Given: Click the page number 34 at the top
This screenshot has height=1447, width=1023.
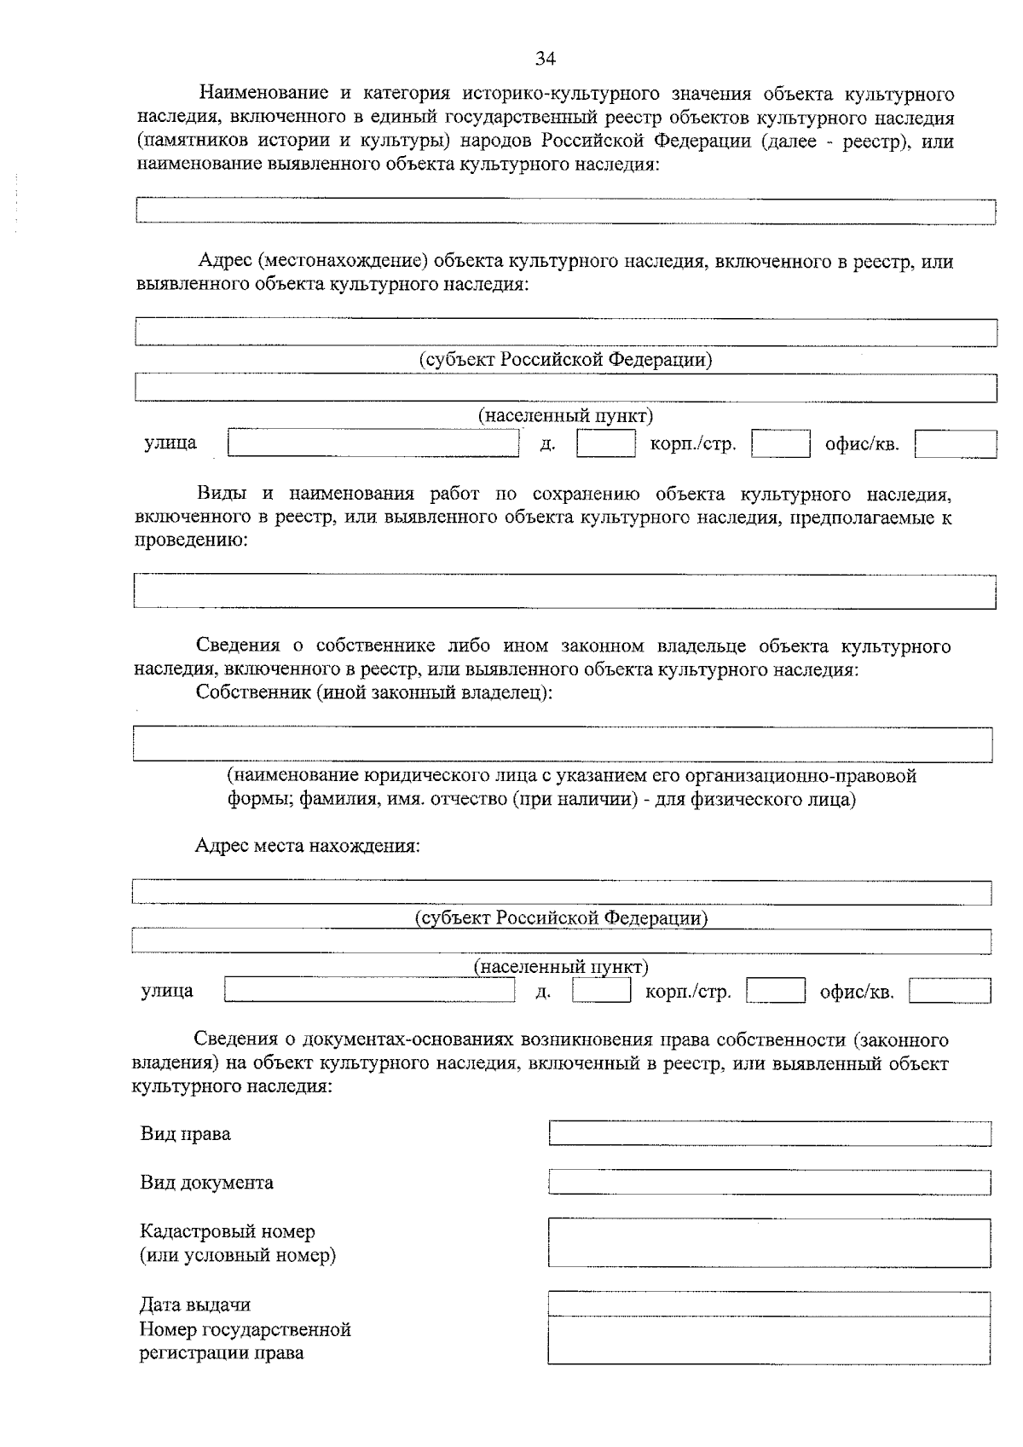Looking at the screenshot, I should click(x=545, y=58).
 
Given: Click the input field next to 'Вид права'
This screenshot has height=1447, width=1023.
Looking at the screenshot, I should click(x=769, y=1133).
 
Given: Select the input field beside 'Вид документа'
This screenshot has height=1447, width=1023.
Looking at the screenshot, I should click(x=769, y=1182).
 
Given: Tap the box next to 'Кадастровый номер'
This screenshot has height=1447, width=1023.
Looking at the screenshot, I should click(x=769, y=1242).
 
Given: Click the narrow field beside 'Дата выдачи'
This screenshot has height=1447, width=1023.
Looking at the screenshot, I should click(x=769, y=1304).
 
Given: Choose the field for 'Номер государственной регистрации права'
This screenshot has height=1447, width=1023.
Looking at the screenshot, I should click(x=769, y=1340).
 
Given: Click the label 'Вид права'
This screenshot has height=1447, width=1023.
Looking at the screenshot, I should click(x=185, y=1134).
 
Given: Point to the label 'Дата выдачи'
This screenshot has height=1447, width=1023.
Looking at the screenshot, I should click(x=195, y=1305).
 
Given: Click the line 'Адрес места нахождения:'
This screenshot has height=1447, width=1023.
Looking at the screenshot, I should click(x=308, y=847).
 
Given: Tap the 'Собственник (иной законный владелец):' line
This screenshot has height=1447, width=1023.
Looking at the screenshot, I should click(x=374, y=692).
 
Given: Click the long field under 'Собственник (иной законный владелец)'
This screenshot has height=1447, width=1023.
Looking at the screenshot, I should click(x=563, y=744).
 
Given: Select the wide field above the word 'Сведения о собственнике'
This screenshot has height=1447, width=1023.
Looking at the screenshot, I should click(x=564, y=591).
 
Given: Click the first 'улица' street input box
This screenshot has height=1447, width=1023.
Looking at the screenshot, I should click(x=373, y=443).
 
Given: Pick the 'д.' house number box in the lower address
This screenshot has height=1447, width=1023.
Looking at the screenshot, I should click(x=601, y=990).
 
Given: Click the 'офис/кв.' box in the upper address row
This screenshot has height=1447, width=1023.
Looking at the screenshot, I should click(x=955, y=444).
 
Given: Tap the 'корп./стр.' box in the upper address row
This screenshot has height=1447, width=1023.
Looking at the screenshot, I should click(x=780, y=444).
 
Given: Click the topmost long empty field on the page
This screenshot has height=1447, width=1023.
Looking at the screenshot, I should click(x=565, y=211).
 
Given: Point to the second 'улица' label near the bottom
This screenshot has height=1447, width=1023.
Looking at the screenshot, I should click(x=167, y=991).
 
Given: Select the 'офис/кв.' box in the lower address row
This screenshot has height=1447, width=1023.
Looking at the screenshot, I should click(x=950, y=991).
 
